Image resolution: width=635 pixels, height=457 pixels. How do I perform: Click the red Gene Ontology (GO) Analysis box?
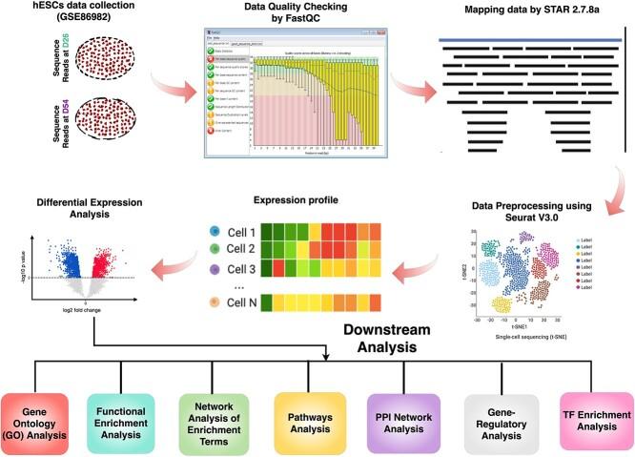(x=41, y=416)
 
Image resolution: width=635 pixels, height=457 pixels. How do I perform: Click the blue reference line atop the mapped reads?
(x=530, y=39)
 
